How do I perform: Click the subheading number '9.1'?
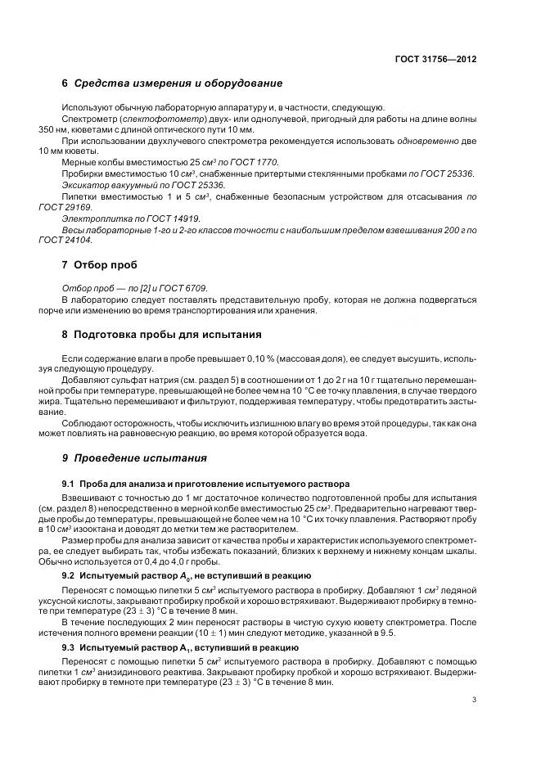[x=69, y=483]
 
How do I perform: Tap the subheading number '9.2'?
[x=69, y=576]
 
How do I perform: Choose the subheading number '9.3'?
[x=69, y=647]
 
